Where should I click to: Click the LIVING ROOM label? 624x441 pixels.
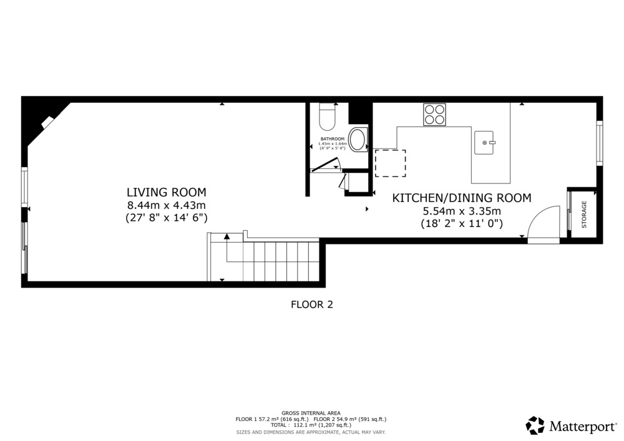click(x=167, y=192)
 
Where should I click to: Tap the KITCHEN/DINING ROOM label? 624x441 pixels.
click(x=462, y=198)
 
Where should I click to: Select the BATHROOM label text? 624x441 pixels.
click(x=333, y=138)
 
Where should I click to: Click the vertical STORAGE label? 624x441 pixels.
click(x=584, y=215)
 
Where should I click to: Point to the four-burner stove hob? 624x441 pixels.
click(x=434, y=115)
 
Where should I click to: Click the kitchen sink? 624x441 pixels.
click(x=484, y=142)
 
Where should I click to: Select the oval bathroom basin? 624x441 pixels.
click(x=358, y=140)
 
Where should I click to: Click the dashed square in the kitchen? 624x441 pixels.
click(x=391, y=163)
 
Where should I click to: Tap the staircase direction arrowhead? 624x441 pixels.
click(x=227, y=236)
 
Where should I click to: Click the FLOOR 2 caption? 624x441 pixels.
click(x=312, y=304)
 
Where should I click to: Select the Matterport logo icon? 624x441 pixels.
click(x=535, y=425)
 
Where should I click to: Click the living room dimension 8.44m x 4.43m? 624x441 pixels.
click(x=167, y=205)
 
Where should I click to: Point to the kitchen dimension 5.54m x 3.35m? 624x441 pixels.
click(x=462, y=211)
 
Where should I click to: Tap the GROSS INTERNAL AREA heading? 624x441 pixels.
click(x=311, y=413)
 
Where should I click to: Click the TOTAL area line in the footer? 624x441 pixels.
click(x=311, y=425)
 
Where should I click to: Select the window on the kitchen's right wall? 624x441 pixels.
click(x=599, y=143)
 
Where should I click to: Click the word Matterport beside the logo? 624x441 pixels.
click(x=583, y=427)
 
